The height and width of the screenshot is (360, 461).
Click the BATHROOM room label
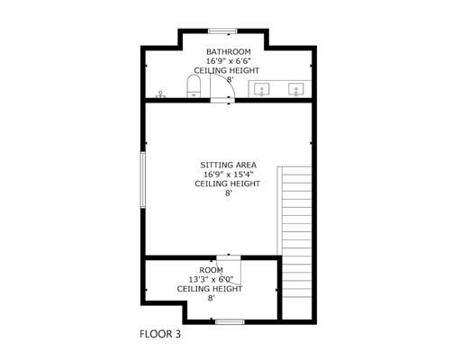[229, 51]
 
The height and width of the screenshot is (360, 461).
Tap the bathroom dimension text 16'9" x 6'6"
[229, 61]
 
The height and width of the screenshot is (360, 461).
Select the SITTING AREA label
[228, 165]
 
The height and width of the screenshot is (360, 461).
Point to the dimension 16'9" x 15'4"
[228, 175]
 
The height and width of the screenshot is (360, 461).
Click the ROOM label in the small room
[212, 270]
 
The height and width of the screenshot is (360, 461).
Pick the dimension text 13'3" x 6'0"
[211, 280]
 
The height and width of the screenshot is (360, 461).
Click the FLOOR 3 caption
[160, 334]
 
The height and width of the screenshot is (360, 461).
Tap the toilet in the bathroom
[194, 86]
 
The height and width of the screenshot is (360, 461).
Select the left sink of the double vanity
[262, 89]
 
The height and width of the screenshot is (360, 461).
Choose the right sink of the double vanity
[296, 89]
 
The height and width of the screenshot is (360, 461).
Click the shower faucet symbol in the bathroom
[160, 94]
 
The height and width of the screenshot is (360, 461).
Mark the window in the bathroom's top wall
[222, 31]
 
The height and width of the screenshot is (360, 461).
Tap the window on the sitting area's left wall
[143, 179]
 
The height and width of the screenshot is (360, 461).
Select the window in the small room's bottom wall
[230, 322]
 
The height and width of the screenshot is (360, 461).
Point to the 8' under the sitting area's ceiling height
[228, 193]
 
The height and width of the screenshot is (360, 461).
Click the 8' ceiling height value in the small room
[212, 298]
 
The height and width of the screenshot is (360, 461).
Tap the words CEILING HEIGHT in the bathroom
[227, 70]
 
